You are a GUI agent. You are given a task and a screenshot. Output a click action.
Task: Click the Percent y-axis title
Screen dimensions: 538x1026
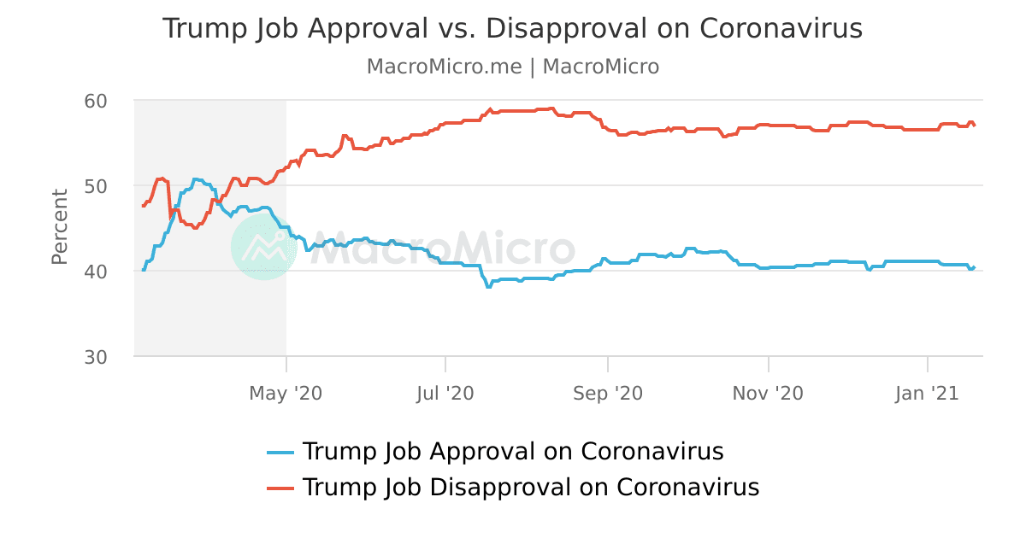pyautogui.click(x=59, y=227)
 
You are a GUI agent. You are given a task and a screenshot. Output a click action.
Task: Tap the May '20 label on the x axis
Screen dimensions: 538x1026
pyautogui.click(x=286, y=394)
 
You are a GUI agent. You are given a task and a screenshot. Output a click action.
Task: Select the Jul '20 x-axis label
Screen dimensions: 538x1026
pyautogui.click(x=445, y=394)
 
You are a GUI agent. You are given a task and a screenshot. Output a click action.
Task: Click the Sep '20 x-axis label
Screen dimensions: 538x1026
pyautogui.click(x=607, y=394)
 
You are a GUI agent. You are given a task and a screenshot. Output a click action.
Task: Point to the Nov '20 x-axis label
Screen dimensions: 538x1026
pyautogui.click(x=768, y=394)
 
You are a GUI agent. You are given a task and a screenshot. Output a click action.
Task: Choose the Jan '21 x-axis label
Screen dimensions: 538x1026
pyautogui.click(x=928, y=394)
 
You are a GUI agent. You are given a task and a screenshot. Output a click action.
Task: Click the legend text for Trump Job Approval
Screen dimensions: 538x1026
pyautogui.click(x=513, y=452)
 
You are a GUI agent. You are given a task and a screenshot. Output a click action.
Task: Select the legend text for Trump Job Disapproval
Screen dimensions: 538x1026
pyautogui.click(x=531, y=488)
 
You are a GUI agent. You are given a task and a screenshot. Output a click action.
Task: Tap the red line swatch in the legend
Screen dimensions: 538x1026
pyautogui.click(x=280, y=488)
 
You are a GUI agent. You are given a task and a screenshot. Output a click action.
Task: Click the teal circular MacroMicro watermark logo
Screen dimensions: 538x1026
pyautogui.click(x=263, y=246)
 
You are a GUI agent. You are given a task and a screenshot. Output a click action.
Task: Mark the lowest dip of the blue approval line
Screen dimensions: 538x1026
pyautogui.click(x=488, y=287)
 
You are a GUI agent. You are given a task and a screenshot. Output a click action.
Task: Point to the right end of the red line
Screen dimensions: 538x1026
pyautogui.click(x=975, y=126)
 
